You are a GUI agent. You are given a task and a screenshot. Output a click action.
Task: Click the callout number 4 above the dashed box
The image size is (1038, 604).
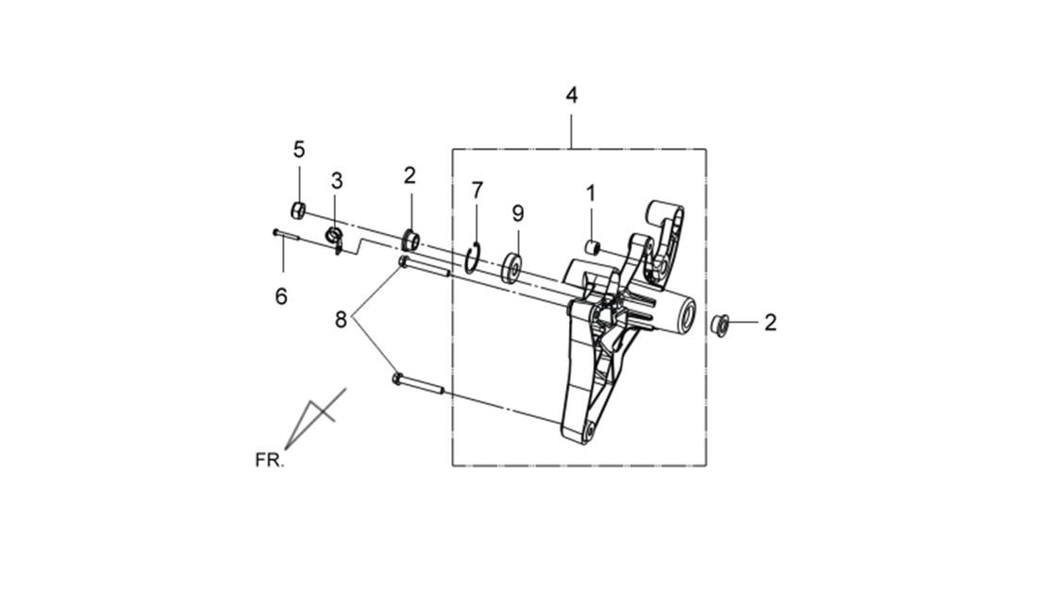571,95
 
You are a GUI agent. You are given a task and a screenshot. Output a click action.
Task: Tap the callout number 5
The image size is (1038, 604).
299,150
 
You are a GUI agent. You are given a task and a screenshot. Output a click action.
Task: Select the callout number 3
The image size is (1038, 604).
337,180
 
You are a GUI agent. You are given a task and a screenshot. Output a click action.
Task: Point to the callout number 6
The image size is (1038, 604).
281,296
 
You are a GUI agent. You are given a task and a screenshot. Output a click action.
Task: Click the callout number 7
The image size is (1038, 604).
477,190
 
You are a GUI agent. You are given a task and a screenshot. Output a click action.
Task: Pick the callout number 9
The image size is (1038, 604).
518,213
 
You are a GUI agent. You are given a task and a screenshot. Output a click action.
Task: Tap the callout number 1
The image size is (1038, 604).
591,193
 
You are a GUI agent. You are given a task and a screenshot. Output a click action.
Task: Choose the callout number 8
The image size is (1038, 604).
341,321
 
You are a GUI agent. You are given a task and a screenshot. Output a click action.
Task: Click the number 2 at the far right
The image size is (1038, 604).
770,323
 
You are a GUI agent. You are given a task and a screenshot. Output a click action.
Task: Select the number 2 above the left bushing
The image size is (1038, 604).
410,176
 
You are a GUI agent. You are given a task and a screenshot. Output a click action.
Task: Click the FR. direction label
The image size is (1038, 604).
270,460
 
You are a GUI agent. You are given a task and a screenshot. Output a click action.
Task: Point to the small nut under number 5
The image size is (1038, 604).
298,210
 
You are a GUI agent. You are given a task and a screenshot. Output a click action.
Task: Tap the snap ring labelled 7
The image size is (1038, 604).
472,258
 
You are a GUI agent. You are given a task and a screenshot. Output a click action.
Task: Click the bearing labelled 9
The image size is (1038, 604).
511,267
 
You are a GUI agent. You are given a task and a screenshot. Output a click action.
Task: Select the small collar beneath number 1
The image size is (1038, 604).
594,247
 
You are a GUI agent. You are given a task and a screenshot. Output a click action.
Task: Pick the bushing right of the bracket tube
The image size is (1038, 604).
720,324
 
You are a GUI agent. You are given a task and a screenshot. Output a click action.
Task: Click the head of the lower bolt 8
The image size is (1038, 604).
397,378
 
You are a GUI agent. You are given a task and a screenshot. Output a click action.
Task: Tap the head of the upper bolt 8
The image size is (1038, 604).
403,262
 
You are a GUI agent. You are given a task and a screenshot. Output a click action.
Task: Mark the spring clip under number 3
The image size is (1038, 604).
335,239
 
